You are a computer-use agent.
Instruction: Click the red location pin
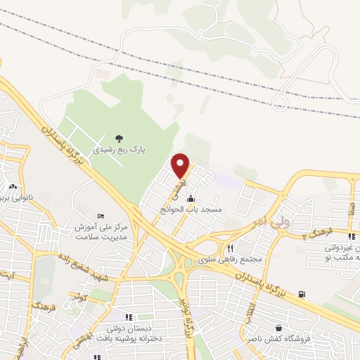(181, 165)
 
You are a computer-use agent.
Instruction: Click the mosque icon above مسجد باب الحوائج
(191, 198)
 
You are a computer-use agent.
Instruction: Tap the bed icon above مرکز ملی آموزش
(101, 214)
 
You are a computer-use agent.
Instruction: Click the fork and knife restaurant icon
(230, 248)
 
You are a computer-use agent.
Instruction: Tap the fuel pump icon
(302, 294)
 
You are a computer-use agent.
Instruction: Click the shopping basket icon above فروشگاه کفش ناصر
(279, 328)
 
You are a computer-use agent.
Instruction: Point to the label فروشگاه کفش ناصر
(279, 339)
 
